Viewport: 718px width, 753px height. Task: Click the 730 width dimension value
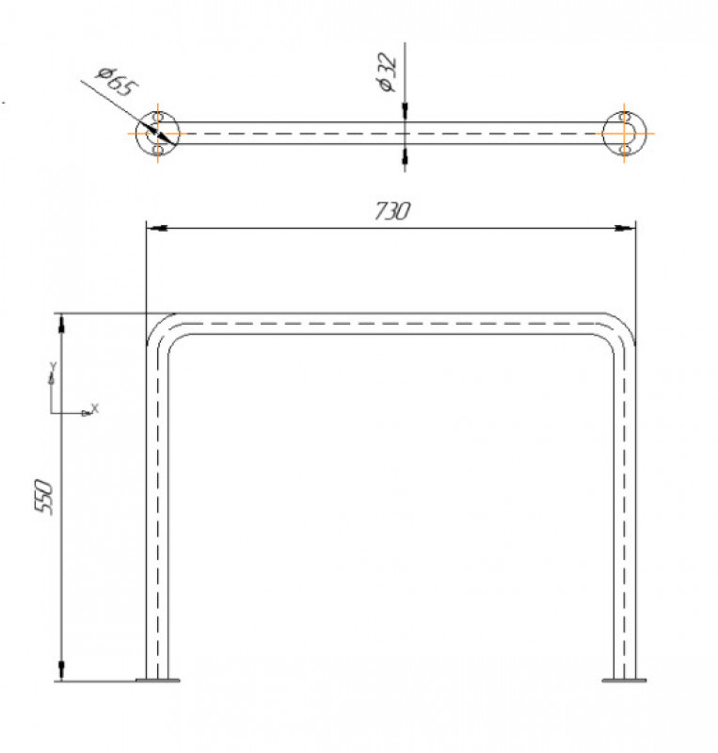point(391,211)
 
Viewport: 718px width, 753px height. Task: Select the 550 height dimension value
point(44,497)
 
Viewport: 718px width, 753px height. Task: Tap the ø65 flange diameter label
point(117,82)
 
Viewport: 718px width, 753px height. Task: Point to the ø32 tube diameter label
point(387,72)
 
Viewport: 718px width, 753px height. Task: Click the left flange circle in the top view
point(136,133)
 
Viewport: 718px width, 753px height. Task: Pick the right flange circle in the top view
point(646,133)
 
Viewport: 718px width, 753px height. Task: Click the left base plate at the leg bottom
point(157,680)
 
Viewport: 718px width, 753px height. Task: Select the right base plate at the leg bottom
point(624,680)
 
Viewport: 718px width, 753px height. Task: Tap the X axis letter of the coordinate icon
point(95,409)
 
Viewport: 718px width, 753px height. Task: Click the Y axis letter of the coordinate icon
point(54,366)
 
